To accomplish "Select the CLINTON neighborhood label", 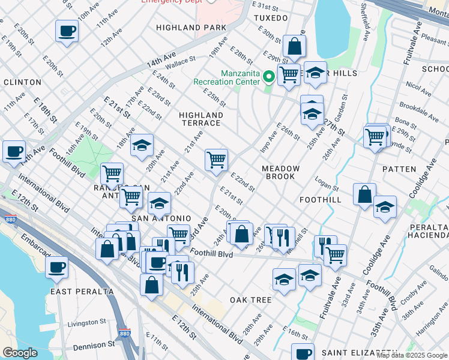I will pyautogui.click(x=22, y=82).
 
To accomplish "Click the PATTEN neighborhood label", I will pyautogui.click(x=399, y=169).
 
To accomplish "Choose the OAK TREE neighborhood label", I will pyautogui.click(x=250, y=299).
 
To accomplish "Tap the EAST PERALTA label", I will pyautogui.click(x=82, y=292).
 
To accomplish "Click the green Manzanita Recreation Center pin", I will pyautogui.click(x=270, y=76).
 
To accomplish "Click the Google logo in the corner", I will pyautogui.click(x=20, y=353).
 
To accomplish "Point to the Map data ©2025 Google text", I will pyautogui.click(x=412, y=355).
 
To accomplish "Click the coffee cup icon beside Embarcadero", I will pyautogui.click(x=57, y=266).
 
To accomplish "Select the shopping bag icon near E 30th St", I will pyautogui.click(x=294, y=46).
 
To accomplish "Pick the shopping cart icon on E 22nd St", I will pyautogui.click(x=216, y=160).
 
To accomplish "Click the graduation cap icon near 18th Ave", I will pyautogui.click(x=142, y=145).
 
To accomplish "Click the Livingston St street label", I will pyautogui.click(x=82, y=323).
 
